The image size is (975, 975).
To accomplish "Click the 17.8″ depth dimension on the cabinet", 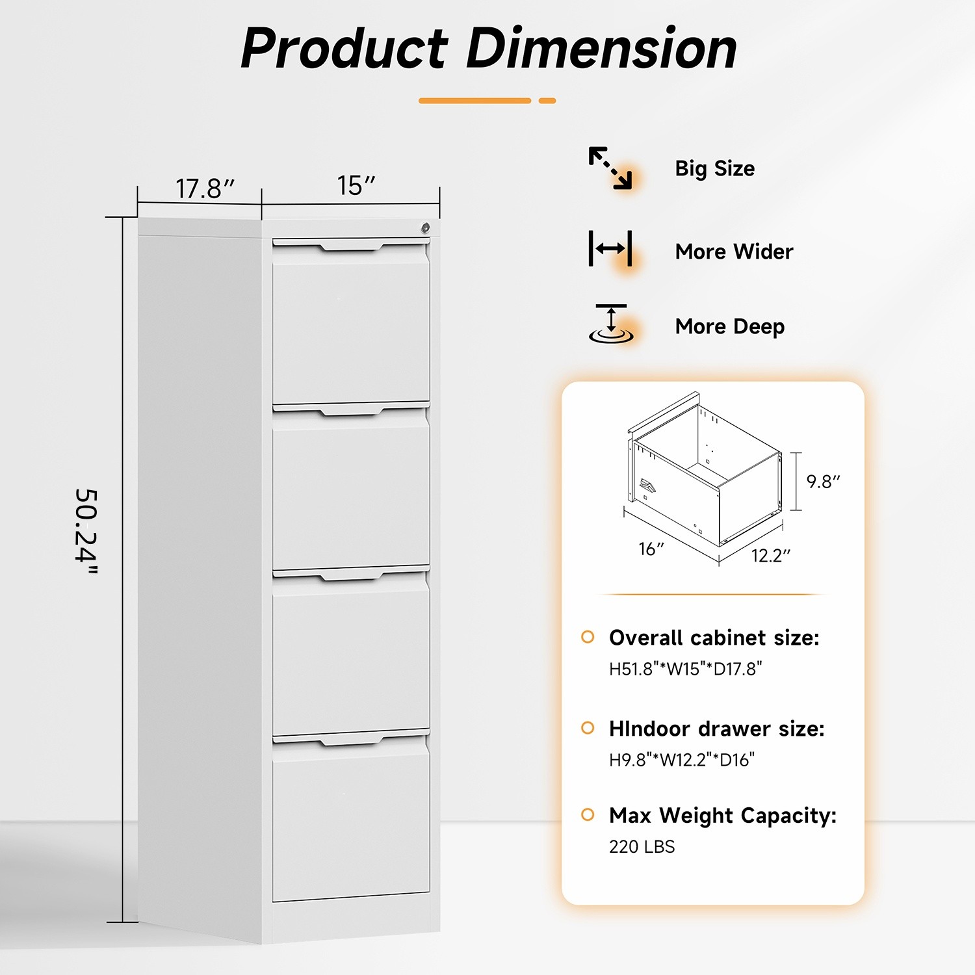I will [204, 189].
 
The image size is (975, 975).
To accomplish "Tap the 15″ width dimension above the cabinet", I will [356, 186].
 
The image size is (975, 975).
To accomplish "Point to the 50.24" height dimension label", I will [86, 532].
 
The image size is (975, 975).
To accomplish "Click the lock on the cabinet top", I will [425, 227].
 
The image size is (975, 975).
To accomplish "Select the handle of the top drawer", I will [351, 246].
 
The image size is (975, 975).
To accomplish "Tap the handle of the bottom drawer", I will [351, 740].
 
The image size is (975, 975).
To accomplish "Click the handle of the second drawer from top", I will [351, 410].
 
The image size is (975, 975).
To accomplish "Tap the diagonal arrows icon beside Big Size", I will [610, 168].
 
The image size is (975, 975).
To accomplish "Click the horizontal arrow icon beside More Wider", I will [610, 248].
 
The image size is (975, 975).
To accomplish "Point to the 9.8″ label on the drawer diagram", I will [823, 482].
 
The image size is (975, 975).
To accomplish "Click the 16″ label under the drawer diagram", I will [651, 549].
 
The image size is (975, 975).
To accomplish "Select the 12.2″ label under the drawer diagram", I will [771, 556].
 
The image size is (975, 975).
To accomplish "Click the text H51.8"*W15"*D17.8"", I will [685, 669].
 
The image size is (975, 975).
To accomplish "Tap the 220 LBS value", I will [642, 847].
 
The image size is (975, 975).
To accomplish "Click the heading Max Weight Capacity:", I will [722, 816].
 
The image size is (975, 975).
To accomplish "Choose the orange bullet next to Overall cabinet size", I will [588, 637].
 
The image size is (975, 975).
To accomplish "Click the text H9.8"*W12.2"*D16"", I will [681, 760].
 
